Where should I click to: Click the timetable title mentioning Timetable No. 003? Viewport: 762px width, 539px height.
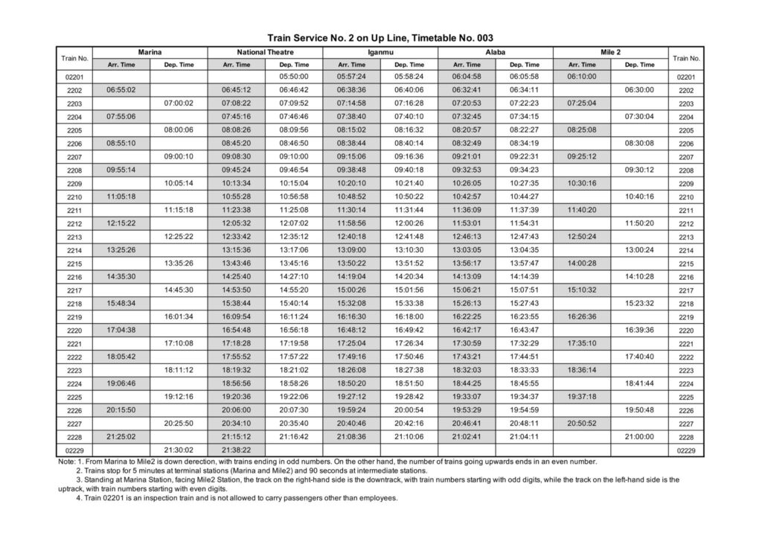[x=380, y=37]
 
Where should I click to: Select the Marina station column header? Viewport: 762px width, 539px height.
[x=150, y=53]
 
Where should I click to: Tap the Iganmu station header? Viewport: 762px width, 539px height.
[x=380, y=53]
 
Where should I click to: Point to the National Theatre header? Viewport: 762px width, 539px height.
[x=265, y=53]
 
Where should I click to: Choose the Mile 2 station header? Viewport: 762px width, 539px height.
[x=611, y=53]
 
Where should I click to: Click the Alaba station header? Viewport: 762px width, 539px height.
[x=496, y=53]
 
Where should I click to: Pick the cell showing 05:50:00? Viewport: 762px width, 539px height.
[x=294, y=77]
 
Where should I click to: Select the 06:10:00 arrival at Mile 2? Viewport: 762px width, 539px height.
[x=582, y=77]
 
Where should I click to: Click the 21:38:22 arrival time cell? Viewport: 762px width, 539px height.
[x=237, y=450]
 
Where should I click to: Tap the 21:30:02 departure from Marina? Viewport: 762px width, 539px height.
[x=179, y=450]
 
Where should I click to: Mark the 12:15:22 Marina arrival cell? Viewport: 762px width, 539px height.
[x=121, y=223]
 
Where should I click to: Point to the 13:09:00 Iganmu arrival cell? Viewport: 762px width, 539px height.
[x=352, y=250]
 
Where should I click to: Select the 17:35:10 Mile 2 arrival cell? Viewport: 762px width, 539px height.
[x=582, y=343]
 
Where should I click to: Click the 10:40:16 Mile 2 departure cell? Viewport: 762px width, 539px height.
[x=640, y=197]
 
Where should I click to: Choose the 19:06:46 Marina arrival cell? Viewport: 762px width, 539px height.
[x=121, y=383]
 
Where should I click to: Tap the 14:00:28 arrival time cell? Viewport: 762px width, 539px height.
[x=582, y=264]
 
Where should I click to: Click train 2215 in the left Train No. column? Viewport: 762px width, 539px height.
[x=74, y=264]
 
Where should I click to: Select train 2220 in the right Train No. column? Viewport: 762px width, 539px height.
[x=685, y=331]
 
